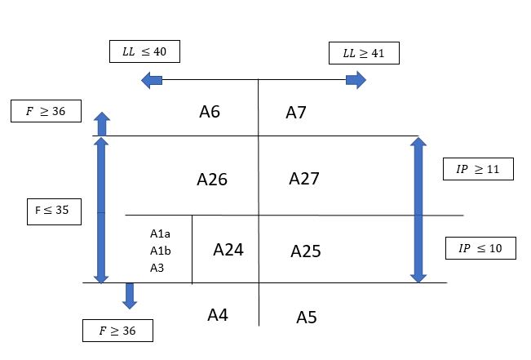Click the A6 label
210,112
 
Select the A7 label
296,113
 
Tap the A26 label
212,179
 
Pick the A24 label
228,250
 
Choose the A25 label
306,251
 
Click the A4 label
218,314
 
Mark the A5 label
307,317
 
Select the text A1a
160,234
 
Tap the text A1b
160,251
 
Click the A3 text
157,267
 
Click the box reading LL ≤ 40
144,51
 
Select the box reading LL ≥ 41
364,54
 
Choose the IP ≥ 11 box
478,169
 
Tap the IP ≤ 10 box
480,247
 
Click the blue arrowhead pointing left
150,79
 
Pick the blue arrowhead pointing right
356,79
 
